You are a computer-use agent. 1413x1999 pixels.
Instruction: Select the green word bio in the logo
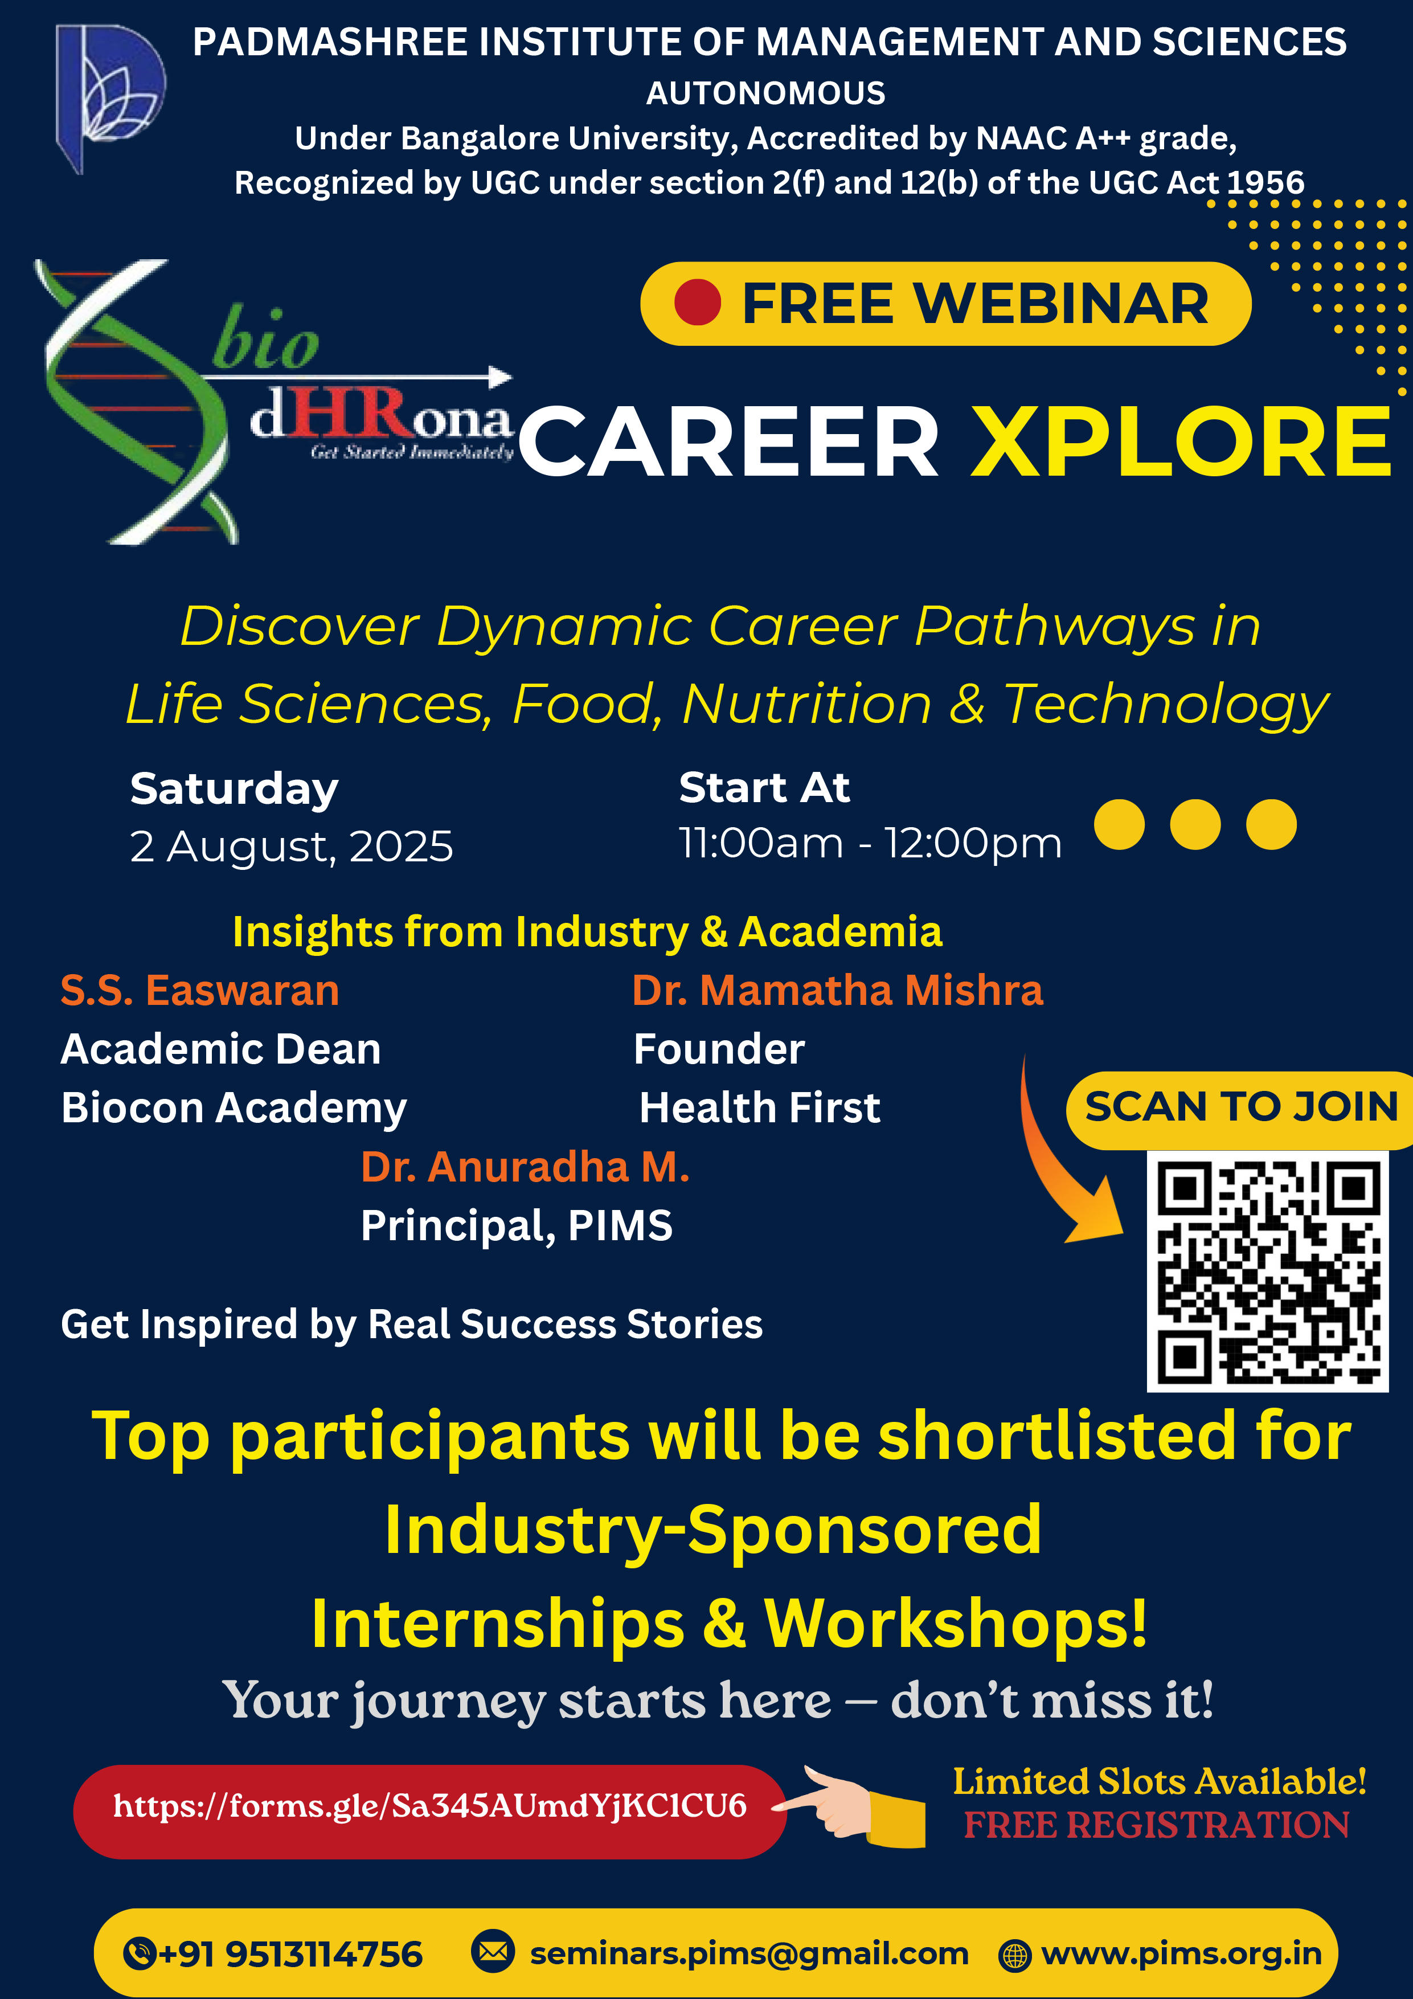[265, 340]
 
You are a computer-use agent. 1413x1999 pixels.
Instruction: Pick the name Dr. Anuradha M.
[525, 1167]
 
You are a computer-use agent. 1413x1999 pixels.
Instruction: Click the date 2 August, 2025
[292, 847]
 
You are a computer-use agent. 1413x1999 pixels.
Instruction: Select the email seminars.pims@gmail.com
[749, 1954]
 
